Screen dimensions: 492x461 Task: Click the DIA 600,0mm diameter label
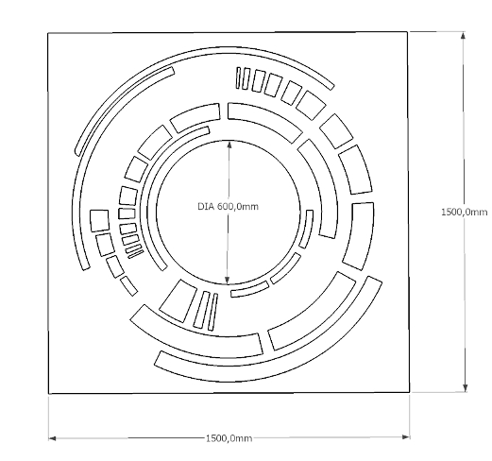tap(228, 207)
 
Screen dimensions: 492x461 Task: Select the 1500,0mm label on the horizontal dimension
tap(229, 438)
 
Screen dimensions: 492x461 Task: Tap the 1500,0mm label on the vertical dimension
tap(465, 212)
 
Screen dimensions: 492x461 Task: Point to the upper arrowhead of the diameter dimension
tap(229, 145)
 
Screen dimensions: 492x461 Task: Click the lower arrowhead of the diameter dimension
tap(227, 280)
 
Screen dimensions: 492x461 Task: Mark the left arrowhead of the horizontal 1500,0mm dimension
tap(52, 438)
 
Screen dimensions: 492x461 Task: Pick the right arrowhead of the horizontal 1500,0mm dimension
tap(406, 436)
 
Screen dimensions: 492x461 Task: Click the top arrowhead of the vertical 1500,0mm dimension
tap(463, 35)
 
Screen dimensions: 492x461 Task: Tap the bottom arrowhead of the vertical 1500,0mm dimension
tap(466, 388)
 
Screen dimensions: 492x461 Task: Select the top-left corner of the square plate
tap(48, 33)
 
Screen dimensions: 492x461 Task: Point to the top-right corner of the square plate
tap(407, 31)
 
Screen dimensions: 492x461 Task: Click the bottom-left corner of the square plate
tap(49, 393)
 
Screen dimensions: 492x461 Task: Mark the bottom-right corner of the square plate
tap(409, 392)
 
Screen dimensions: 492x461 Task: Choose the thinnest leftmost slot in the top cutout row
tap(238, 77)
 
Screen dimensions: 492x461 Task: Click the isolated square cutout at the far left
tap(99, 221)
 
